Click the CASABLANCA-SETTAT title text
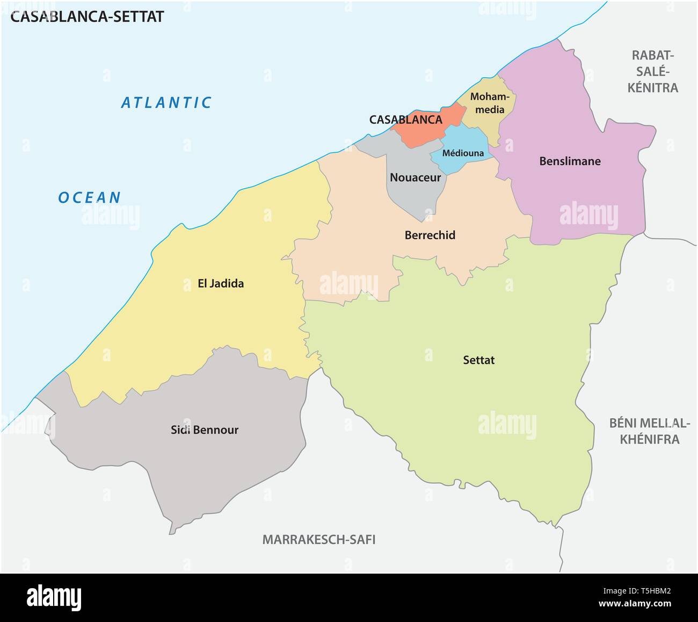click(x=87, y=16)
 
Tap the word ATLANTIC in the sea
click(x=166, y=102)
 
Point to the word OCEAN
click(x=90, y=197)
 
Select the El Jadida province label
click(x=221, y=283)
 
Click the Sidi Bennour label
click(x=204, y=430)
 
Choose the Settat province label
click(x=478, y=360)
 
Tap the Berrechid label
click(x=430, y=235)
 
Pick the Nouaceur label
click(x=415, y=177)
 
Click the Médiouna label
click(x=463, y=153)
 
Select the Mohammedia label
click(x=488, y=103)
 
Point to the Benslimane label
click(x=570, y=161)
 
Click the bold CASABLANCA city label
click(x=405, y=119)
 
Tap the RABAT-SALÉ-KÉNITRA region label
click(x=653, y=71)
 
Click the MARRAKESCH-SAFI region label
click(x=318, y=539)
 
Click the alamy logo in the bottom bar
click(x=54, y=597)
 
